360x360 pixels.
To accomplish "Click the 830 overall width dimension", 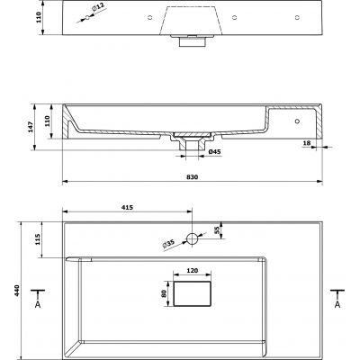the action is tap(192, 177).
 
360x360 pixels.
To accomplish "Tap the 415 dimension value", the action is tap(127, 207).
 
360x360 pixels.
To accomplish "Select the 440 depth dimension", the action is tap(17, 291).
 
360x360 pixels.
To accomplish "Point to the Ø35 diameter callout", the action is tap(168, 245).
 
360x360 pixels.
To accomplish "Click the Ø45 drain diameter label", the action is tap(214, 152).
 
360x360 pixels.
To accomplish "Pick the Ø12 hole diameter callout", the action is tap(98, 7).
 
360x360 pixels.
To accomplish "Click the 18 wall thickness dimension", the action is tap(307, 143).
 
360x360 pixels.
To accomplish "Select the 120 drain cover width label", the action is tap(193, 271).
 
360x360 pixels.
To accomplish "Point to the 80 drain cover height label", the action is tap(164, 293).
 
